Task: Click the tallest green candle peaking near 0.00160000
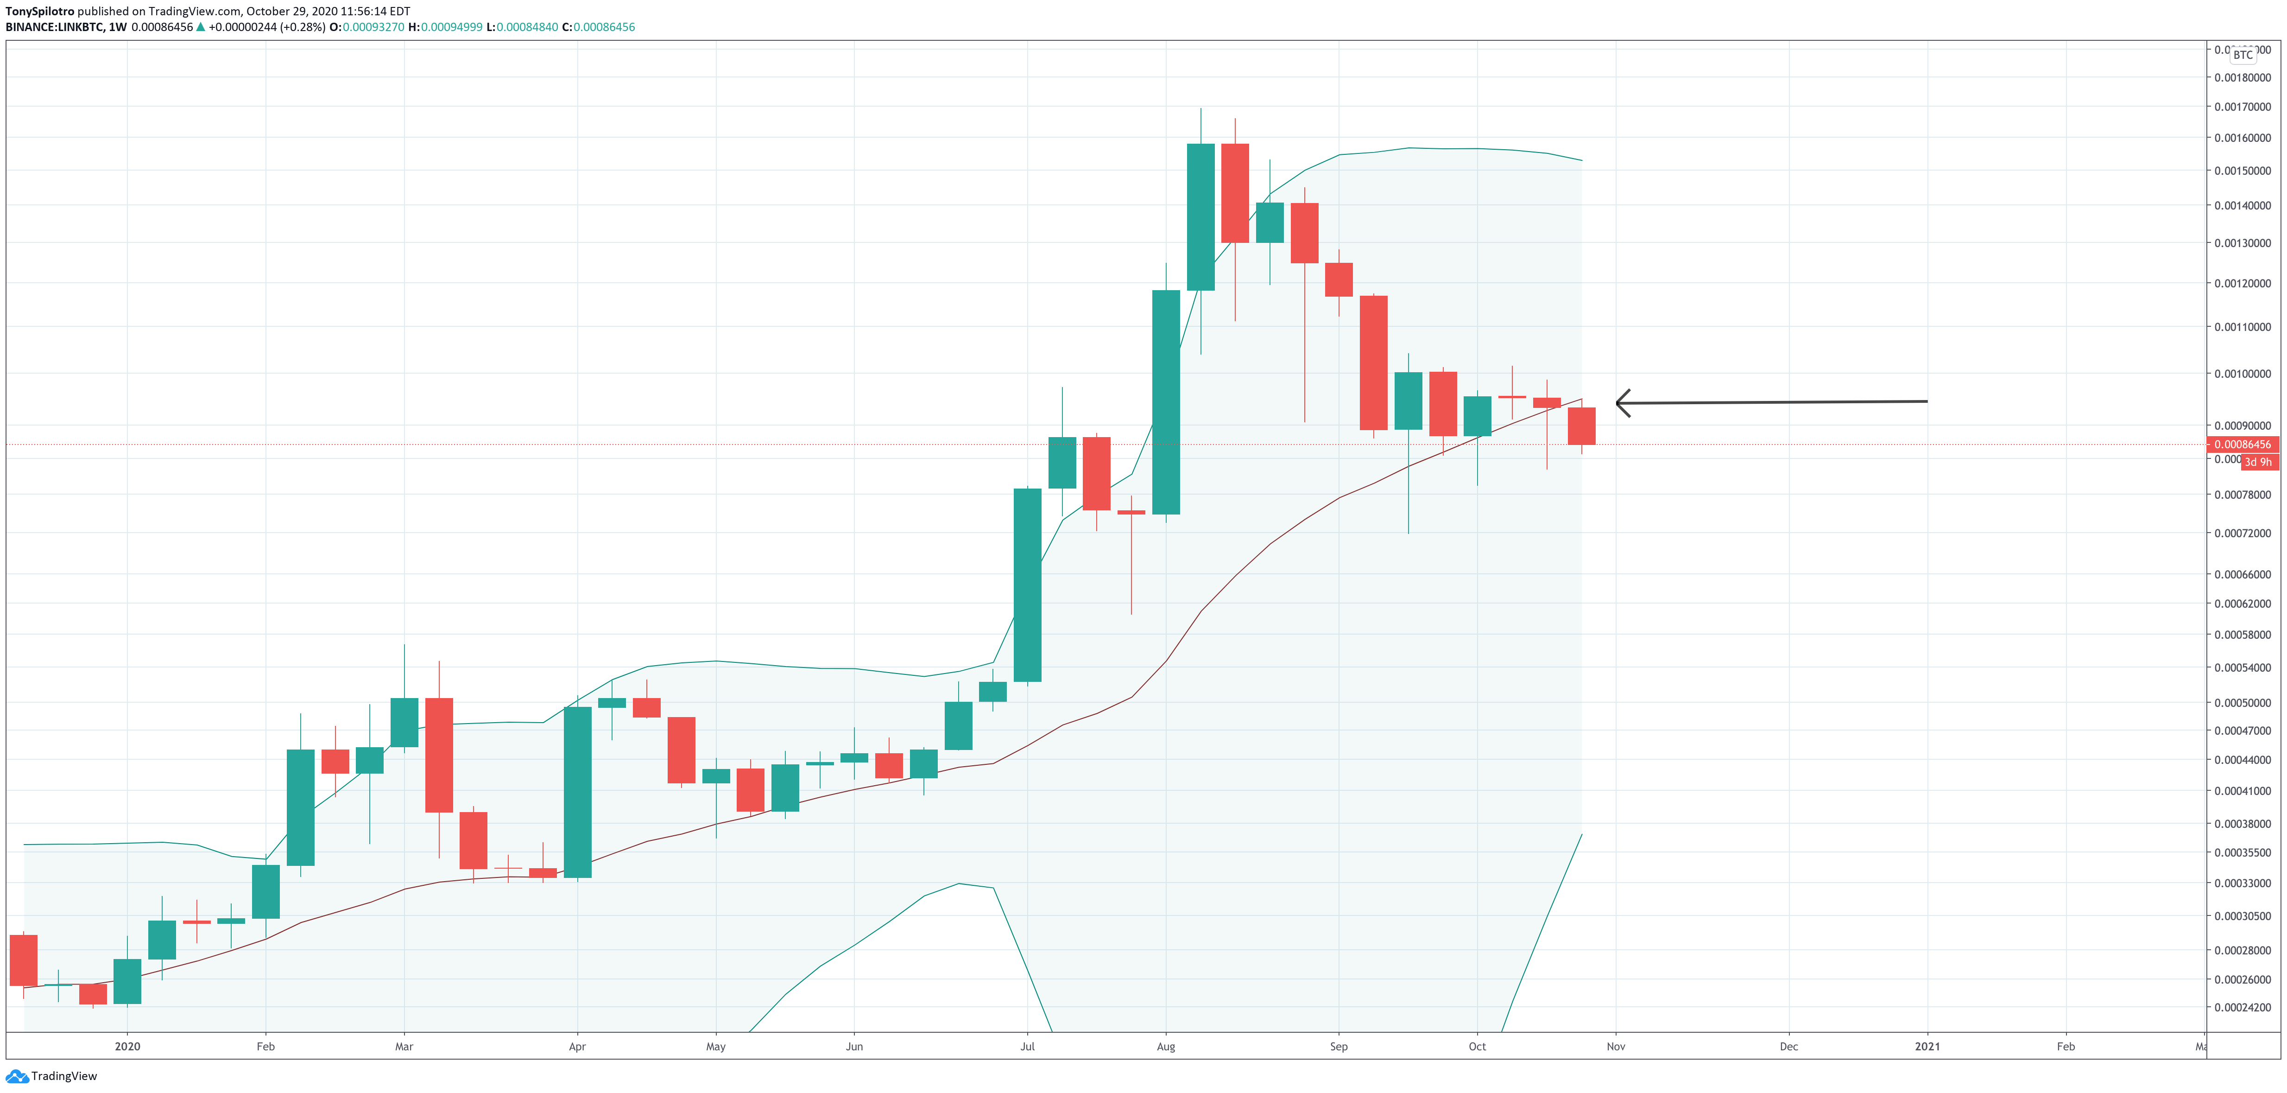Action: (1200, 217)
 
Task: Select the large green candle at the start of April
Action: (577, 792)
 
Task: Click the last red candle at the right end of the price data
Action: (1581, 426)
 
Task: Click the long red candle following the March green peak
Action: (439, 755)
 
